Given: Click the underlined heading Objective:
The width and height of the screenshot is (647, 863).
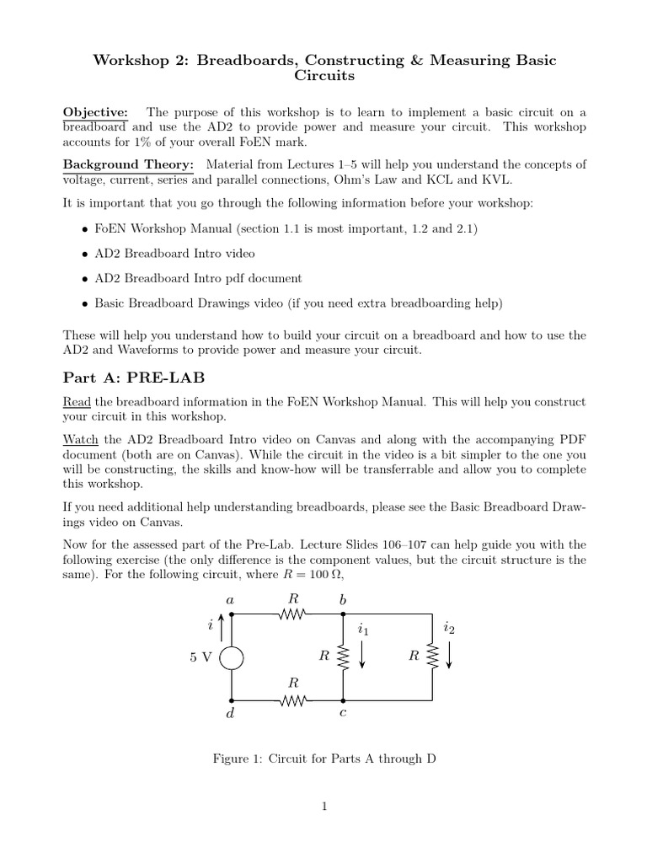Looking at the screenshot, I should pyautogui.click(x=95, y=112).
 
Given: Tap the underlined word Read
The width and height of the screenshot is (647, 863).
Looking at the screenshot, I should pyautogui.click(x=77, y=402).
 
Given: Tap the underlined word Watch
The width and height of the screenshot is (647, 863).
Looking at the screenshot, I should pyautogui.click(x=81, y=439).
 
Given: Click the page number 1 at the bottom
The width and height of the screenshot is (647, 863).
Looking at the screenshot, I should pyautogui.click(x=323, y=807).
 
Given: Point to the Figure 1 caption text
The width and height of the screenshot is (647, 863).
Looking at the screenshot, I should pyautogui.click(x=323, y=758).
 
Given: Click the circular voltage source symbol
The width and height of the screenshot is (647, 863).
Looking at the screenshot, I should pyautogui.click(x=232, y=657).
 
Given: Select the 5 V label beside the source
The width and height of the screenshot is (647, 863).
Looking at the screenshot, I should pyautogui.click(x=201, y=657).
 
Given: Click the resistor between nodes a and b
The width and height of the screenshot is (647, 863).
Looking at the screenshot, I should pyautogui.click(x=294, y=614).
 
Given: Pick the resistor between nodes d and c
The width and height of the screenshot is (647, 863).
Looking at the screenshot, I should pyautogui.click(x=294, y=700).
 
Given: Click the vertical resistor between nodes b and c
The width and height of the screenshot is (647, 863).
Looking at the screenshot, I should pyautogui.click(x=342, y=657).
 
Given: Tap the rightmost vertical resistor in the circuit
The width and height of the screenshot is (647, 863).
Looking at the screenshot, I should pyautogui.click(x=432, y=657).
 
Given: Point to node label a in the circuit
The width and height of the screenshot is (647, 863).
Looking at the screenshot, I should pyautogui.click(x=229, y=599).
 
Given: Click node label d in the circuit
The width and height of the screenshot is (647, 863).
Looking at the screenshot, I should pyautogui.click(x=229, y=715).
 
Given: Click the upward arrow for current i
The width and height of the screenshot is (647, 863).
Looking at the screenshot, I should pyautogui.click(x=221, y=627).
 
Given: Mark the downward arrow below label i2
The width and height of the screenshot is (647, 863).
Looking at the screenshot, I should pyautogui.click(x=449, y=656).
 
